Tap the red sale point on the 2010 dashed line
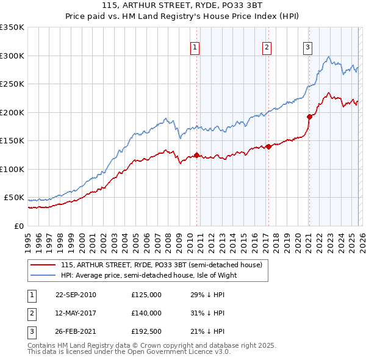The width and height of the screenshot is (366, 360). click(x=196, y=155)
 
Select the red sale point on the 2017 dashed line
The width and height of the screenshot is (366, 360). click(x=268, y=146)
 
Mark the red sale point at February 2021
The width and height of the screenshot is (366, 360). click(x=309, y=117)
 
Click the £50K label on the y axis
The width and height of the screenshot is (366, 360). click(x=13, y=198)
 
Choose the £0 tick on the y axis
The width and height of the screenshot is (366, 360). click(x=18, y=226)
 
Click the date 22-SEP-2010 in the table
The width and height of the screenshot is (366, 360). click(x=76, y=295)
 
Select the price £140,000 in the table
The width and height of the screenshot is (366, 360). click(x=146, y=313)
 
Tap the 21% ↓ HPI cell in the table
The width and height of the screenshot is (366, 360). click(x=207, y=331)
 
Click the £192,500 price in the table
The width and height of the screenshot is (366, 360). click(x=146, y=331)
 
